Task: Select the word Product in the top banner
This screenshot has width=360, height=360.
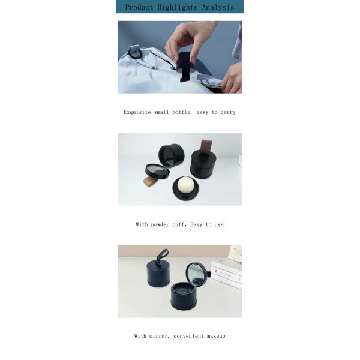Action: (x=139, y=7)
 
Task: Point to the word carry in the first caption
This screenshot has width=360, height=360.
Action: (x=227, y=112)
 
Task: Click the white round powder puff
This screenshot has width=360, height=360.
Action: (x=185, y=185)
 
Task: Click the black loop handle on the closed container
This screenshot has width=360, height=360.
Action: (x=161, y=259)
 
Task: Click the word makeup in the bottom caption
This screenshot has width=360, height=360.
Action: (x=215, y=336)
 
